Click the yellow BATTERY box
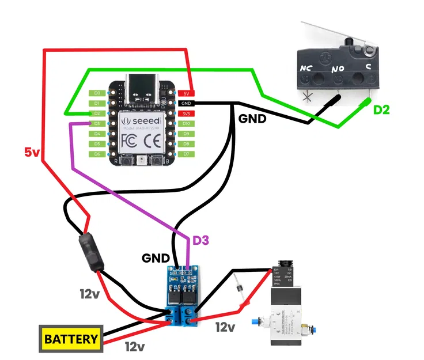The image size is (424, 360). pos(70,339)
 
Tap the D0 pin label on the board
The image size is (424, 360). pos(97,93)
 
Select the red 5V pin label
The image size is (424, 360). pos(186,93)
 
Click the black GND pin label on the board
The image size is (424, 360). pos(186,104)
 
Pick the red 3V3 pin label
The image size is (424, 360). pos(186,114)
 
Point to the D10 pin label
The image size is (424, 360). pos(186,124)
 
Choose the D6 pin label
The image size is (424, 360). pos(97,154)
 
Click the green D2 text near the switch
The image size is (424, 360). pos(381,109)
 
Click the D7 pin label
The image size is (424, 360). pos(186,154)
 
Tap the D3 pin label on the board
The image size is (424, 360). pos(97,124)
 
